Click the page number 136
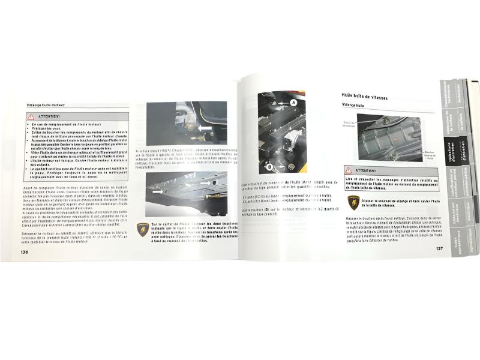25,252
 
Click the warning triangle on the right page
349,170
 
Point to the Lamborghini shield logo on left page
143,230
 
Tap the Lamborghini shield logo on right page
353,202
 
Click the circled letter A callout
295,103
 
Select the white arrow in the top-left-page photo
205,127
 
